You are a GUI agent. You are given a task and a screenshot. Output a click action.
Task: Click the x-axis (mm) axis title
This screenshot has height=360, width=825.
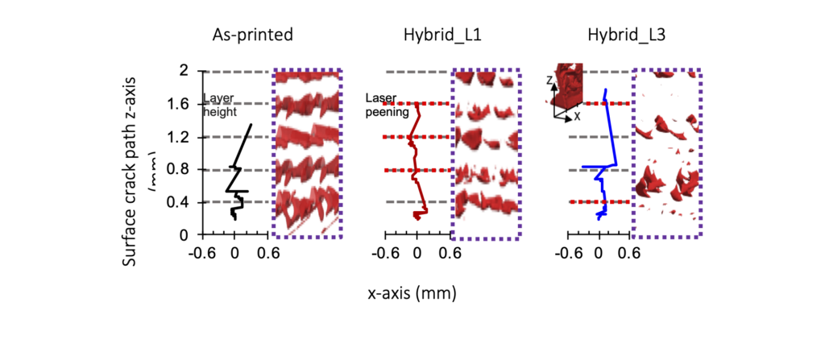coord(412,293)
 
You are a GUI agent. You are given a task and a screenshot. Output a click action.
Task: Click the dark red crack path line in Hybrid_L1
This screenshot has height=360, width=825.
coord(414,153)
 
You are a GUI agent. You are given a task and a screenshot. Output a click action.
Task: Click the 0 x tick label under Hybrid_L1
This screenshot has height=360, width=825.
coord(417,251)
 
